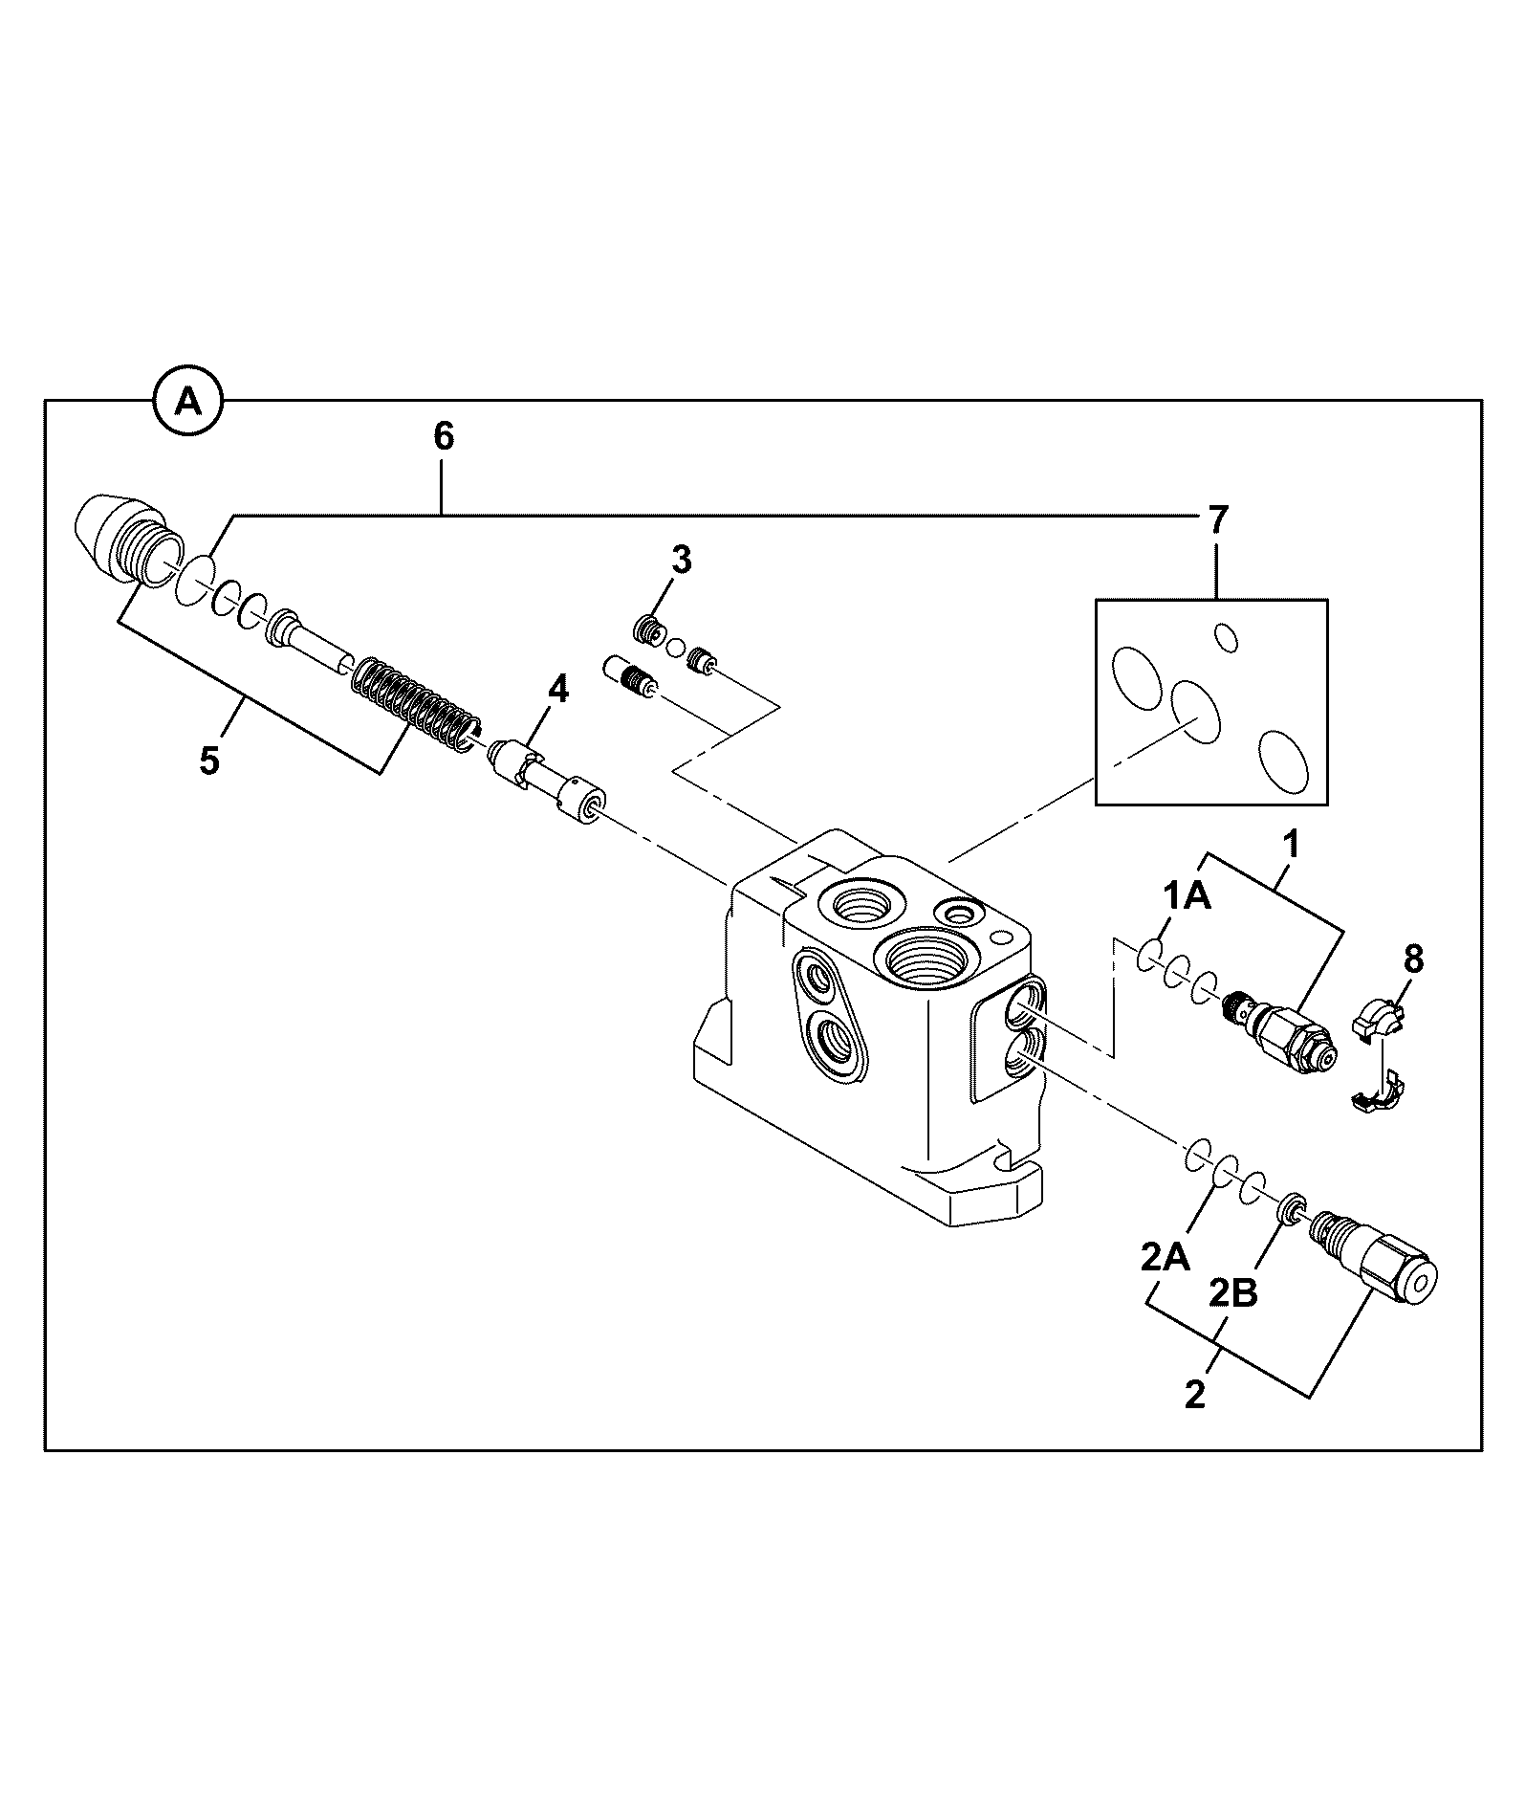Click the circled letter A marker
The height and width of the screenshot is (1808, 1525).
tap(189, 402)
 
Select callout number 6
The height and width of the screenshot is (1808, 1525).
tap(444, 436)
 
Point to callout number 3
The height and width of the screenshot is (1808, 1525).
tap(680, 562)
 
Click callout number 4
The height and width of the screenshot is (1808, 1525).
tap(557, 689)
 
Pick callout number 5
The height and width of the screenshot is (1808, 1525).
tap(209, 761)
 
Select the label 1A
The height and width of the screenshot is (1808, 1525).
tap(1187, 896)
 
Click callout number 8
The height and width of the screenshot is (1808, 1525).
tap(1413, 958)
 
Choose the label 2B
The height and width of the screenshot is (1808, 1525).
tap(1233, 1293)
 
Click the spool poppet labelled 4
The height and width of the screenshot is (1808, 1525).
tap(546, 780)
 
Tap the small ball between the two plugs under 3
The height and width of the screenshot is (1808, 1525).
tap(677, 647)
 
